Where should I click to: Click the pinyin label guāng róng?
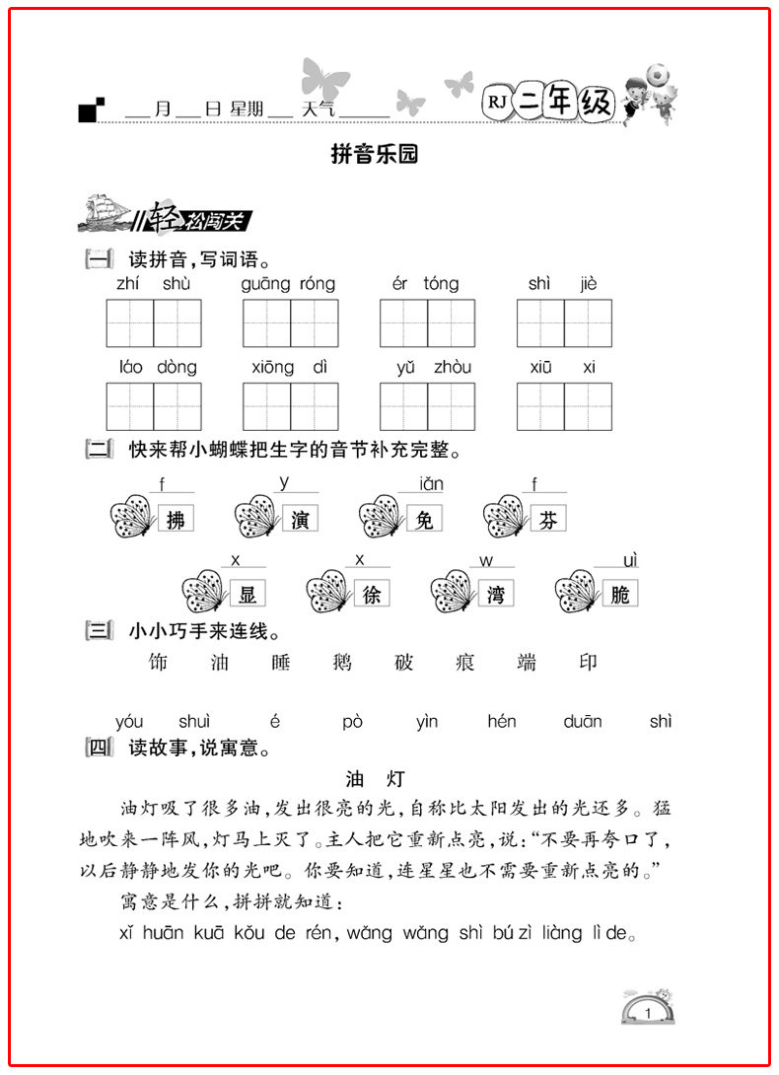[288, 284]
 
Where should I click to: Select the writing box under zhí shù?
[154, 322]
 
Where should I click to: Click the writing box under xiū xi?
[564, 406]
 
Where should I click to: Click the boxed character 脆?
[620, 593]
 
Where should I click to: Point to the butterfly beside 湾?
[454, 592]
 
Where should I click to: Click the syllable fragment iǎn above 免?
[431, 484]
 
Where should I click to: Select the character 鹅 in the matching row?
[342, 662]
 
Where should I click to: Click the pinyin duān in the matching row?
[583, 722]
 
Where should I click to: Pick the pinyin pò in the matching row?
[353, 722]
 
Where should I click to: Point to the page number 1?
[647, 1014]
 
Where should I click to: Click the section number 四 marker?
[100, 748]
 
